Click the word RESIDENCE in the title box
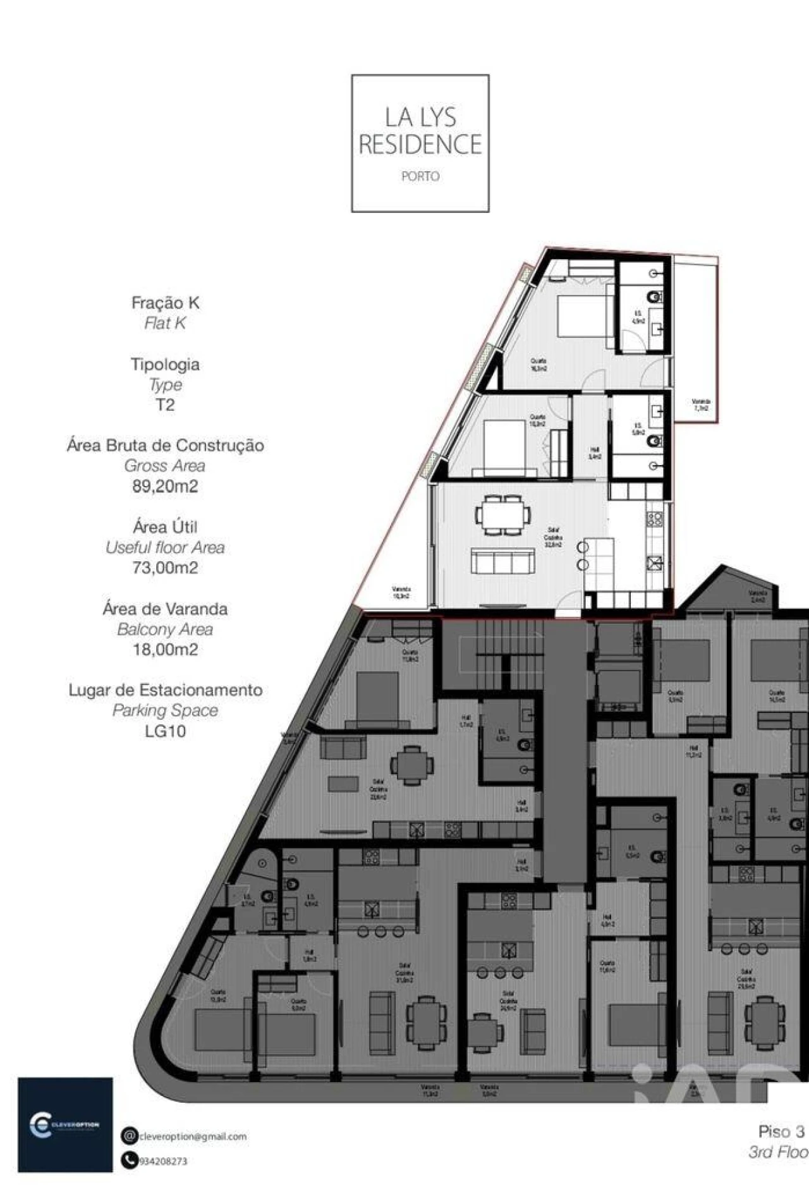click(420, 145)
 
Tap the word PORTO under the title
click(420, 176)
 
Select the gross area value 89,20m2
click(165, 486)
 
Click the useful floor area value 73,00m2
click(165, 568)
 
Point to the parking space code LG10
click(165, 731)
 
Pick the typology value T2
click(165, 405)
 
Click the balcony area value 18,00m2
click(165, 649)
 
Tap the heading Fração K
click(165, 303)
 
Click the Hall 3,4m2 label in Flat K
click(594, 453)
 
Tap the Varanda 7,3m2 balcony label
click(700, 404)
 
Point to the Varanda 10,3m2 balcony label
click(401, 592)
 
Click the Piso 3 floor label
click(781, 1131)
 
